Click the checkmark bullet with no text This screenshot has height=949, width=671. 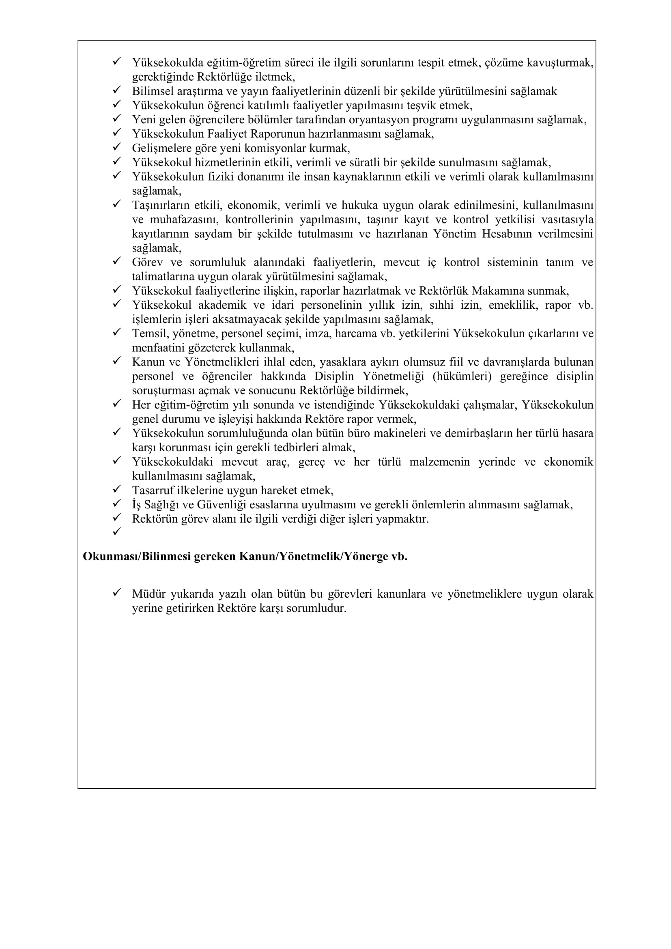[116, 531]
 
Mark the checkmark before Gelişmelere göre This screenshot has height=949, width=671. [116, 147]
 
